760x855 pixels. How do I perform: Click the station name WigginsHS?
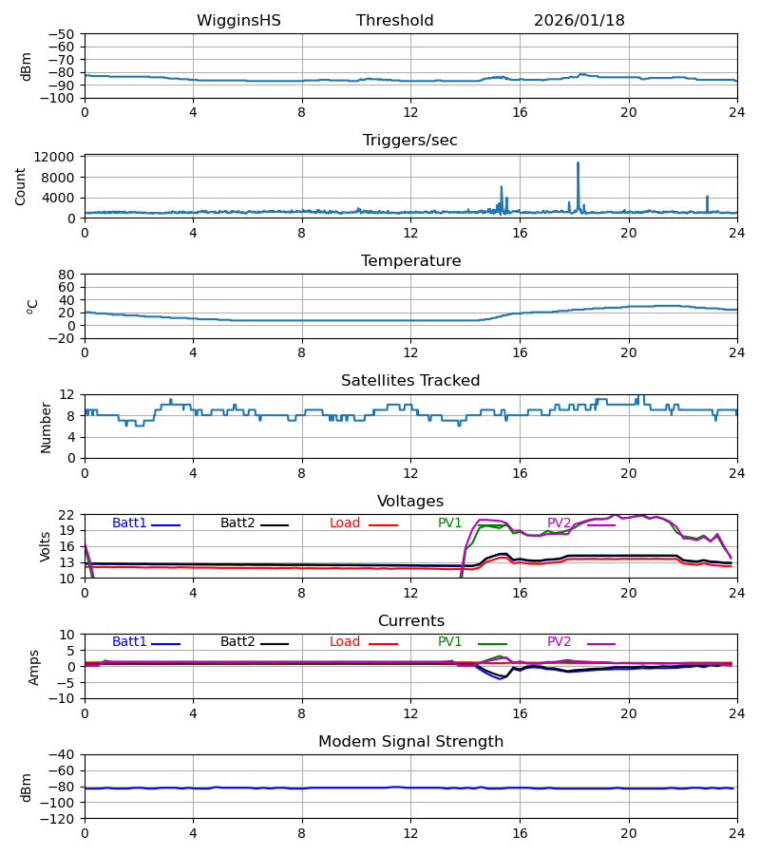pyautogui.click(x=238, y=21)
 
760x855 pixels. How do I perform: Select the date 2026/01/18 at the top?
pyautogui.click(x=579, y=21)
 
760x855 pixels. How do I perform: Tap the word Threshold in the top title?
pyautogui.click(x=394, y=21)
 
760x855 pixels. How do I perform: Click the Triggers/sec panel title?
pyautogui.click(x=409, y=141)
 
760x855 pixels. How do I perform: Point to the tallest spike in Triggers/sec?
pyautogui.click(x=578, y=163)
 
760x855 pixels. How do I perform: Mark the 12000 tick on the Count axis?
pyautogui.click(x=61, y=157)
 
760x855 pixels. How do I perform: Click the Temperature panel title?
pyautogui.click(x=410, y=261)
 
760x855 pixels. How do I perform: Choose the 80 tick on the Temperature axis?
pyautogui.click(x=66, y=275)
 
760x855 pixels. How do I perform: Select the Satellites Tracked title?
pyautogui.click(x=410, y=381)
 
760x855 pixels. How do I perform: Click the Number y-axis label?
pyautogui.click(x=47, y=427)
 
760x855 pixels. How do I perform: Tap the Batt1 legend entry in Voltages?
pyautogui.click(x=130, y=523)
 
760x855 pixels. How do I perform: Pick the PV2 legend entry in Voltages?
pyautogui.click(x=560, y=523)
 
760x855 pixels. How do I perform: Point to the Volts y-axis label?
pyautogui.click(x=47, y=546)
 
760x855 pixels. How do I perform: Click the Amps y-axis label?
pyautogui.click(x=35, y=667)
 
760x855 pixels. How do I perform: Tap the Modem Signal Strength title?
pyautogui.click(x=410, y=742)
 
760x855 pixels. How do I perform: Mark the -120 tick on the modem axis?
pyautogui.click(x=61, y=818)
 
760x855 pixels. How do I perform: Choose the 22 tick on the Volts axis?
pyautogui.click(x=66, y=515)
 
